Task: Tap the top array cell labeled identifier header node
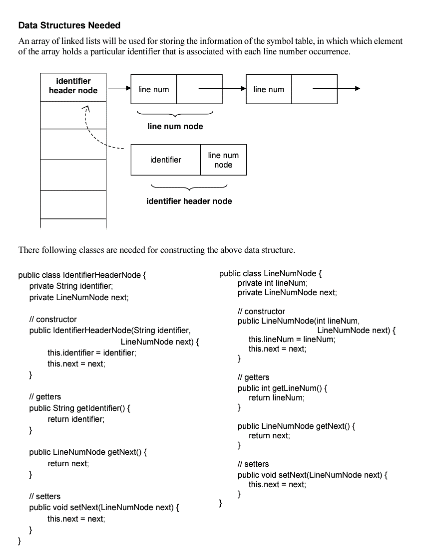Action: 73,86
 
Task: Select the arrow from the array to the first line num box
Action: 118,89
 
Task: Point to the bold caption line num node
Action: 175,127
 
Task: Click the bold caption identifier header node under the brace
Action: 189,201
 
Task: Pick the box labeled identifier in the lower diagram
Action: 166,160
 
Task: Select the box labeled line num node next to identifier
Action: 223,160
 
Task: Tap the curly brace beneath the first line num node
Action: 175,114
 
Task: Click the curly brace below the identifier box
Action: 189,188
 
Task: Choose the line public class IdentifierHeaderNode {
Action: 82,275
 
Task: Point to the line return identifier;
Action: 76,419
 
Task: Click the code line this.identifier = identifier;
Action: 91,353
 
